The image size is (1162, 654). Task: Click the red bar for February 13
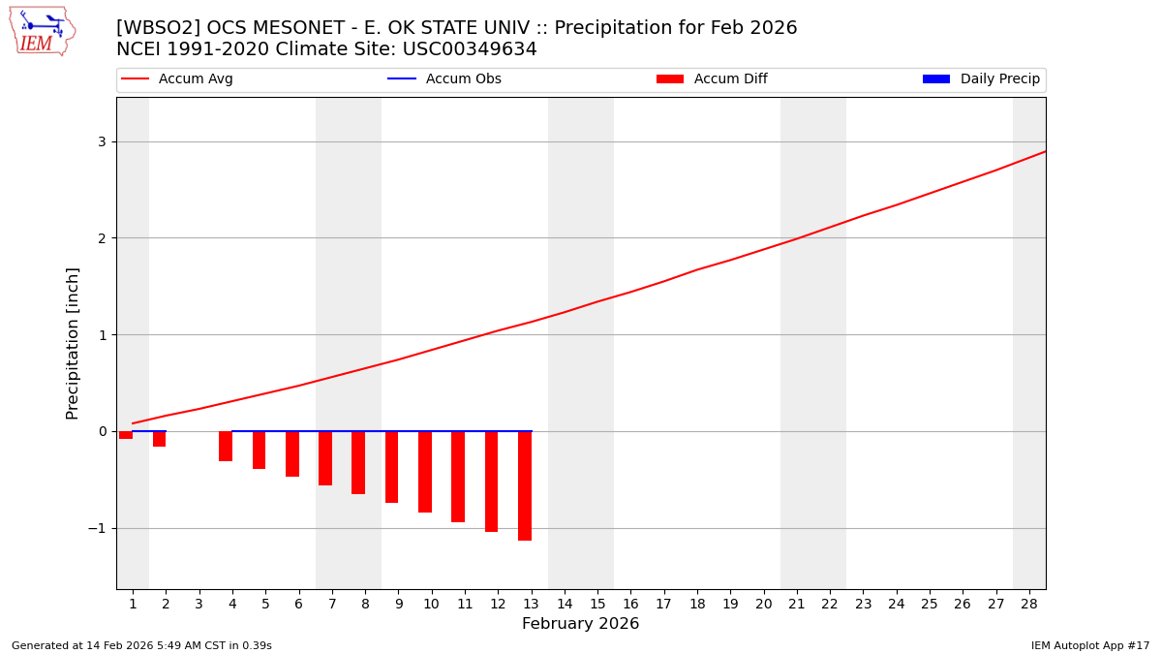tap(525, 485)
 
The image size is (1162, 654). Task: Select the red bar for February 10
tap(425, 472)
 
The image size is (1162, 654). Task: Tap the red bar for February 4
tap(226, 447)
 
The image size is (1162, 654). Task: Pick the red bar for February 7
tap(325, 458)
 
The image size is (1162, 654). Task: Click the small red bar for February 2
tap(159, 439)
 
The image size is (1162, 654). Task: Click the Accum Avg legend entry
tap(195, 79)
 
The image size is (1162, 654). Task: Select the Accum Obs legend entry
tap(463, 79)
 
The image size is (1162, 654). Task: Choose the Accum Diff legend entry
tap(729, 79)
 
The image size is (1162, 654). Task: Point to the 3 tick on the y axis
tap(101, 141)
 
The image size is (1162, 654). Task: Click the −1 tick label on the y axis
tap(97, 528)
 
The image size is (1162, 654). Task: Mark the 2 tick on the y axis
tap(101, 238)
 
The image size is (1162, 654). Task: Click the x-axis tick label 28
tap(1029, 604)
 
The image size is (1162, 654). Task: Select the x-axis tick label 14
tap(565, 604)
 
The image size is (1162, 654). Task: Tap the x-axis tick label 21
tap(797, 604)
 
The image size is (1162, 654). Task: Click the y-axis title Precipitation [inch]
tap(73, 343)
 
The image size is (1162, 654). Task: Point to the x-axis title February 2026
tap(580, 624)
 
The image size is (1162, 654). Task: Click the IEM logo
tap(42, 31)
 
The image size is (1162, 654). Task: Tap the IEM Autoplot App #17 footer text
tap(1090, 645)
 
